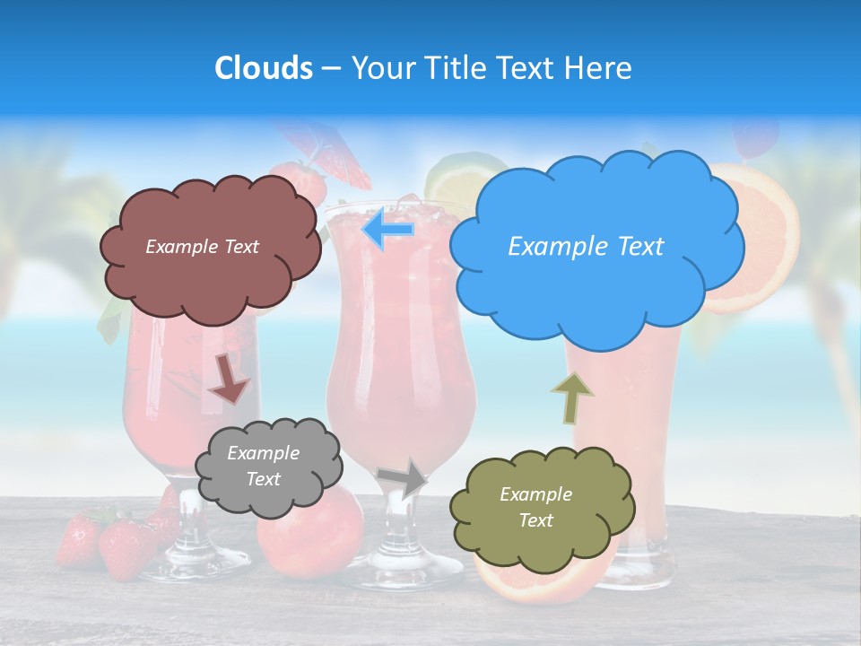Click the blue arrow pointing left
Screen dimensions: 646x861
[388, 230]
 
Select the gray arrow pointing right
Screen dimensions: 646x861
[401, 479]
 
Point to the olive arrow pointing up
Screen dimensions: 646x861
[571, 397]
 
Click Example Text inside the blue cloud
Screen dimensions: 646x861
[586, 247]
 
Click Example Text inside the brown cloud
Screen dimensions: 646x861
[202, 247]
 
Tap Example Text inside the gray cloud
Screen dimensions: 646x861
[264, 467]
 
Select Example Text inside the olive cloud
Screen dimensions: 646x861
[535, 507]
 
